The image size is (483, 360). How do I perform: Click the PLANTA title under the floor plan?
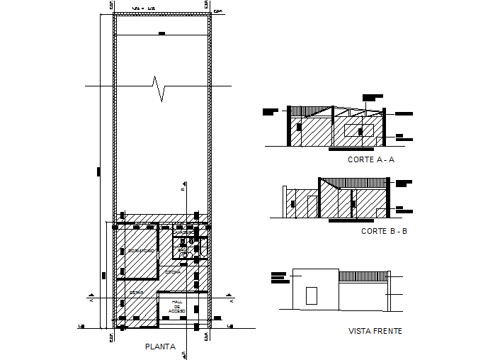(x=160, y=347)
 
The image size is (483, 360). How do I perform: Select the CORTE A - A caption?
(x=370, y=160)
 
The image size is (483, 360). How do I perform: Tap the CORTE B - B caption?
(x=384, y=232)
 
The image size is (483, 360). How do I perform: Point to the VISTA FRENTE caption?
(x=375, y=331)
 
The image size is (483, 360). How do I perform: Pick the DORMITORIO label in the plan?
(x=141, y=252)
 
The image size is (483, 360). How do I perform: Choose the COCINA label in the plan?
(x=172, y=272)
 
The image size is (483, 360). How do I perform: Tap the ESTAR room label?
(x=136, y=292)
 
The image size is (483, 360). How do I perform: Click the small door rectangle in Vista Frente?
(x=311, y=296)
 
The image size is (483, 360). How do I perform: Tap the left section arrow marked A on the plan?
(x=91, y=298)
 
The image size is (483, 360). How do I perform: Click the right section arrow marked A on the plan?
(x=231, y=298)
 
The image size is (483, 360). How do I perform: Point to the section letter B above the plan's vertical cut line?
(x=182, y=189)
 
